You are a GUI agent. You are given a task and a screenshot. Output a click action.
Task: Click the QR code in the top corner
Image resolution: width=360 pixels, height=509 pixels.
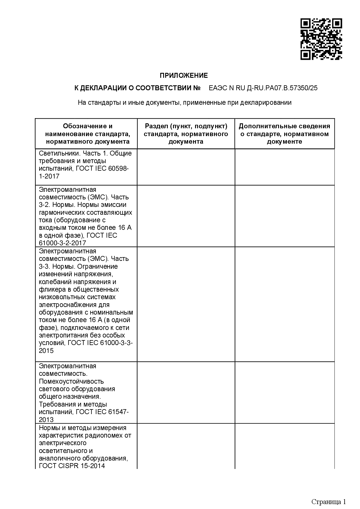(x=321, y=39)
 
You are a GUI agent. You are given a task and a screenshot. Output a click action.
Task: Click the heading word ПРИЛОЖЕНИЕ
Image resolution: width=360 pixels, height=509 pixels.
(x=184, y=76)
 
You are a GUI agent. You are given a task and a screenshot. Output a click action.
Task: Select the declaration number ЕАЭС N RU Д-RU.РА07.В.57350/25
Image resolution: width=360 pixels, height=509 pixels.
(x=263, y=88)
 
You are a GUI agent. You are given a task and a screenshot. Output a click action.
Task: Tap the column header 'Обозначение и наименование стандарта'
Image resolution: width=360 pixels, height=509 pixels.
(x=88, y=134)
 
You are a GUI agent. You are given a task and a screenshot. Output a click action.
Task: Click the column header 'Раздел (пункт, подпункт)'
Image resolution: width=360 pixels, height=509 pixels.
(x=186, y=134)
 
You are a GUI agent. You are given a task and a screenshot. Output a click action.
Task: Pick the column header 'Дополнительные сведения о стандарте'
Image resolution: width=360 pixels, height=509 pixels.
(x=285, y=134)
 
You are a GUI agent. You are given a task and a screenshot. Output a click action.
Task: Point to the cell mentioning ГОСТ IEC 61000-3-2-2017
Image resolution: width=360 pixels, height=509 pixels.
(x=86, y=216)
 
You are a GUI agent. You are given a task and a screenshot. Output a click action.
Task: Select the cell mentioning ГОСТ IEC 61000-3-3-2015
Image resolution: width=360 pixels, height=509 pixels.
(x=86, y=304)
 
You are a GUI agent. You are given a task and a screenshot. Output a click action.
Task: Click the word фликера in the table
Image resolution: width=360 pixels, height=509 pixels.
(x=49, y=289)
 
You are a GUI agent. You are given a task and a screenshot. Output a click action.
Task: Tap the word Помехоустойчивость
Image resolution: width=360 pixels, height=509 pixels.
(x=71, y=381)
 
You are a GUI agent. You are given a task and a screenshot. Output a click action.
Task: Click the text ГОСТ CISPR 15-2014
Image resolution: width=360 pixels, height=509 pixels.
(x=72, y=466)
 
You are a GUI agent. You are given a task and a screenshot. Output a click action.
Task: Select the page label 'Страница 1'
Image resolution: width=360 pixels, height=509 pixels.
(x=328, y=494)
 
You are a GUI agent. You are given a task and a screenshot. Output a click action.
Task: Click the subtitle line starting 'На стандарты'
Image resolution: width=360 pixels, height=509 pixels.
(x=184, y=102)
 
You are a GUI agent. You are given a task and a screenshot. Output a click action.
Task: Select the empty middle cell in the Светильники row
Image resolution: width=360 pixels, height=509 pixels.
(x=186, y=167)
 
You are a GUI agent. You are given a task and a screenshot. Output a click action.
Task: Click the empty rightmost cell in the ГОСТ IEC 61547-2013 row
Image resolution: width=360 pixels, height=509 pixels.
(x=285, y=392)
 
